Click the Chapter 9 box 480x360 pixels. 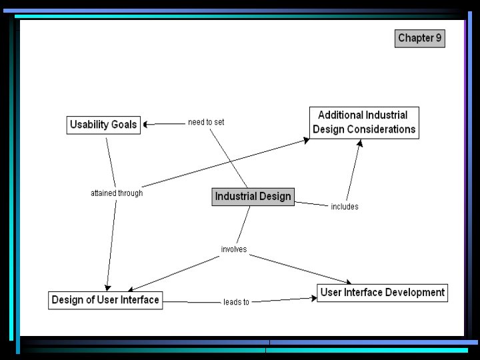point(419,38)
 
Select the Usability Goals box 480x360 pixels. point(103,125)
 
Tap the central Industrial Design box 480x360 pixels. point(253,197)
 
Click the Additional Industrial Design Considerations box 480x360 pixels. point(364,123)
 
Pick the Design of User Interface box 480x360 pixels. point(105,300)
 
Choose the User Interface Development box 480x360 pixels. point(382,293)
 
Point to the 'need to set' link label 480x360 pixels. point(206,122)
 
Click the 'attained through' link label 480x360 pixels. point(117,193)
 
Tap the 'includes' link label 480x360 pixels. point(345,207)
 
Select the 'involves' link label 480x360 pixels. point(234,249)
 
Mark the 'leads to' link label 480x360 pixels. point(236,302)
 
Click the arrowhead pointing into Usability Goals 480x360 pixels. point(148,124)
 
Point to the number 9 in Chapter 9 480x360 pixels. point(438,38)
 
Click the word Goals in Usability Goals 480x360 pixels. point(125,125)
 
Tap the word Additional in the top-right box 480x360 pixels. point(340,115)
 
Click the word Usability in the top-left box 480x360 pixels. point(90,125)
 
